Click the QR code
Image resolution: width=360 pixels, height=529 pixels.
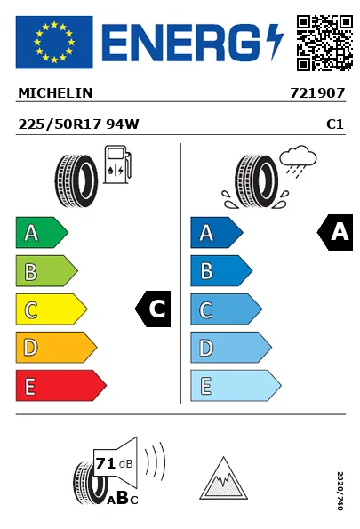click(324, 43)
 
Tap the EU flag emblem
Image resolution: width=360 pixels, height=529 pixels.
click(54, 42)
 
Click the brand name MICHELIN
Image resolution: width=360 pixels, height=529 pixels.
click(55, 93)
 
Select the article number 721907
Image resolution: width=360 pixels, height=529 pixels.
click(317, 93)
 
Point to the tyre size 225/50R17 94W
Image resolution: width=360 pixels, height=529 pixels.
click(78, 124)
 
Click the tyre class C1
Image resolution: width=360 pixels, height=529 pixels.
click(335, 124)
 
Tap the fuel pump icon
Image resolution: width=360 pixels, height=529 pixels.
click(117, 164)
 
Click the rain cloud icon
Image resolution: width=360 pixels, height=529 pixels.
click(299, 161)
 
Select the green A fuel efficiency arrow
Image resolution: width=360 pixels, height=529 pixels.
click(42, 232)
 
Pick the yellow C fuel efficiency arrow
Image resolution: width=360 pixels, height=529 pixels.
click(52, 309)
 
